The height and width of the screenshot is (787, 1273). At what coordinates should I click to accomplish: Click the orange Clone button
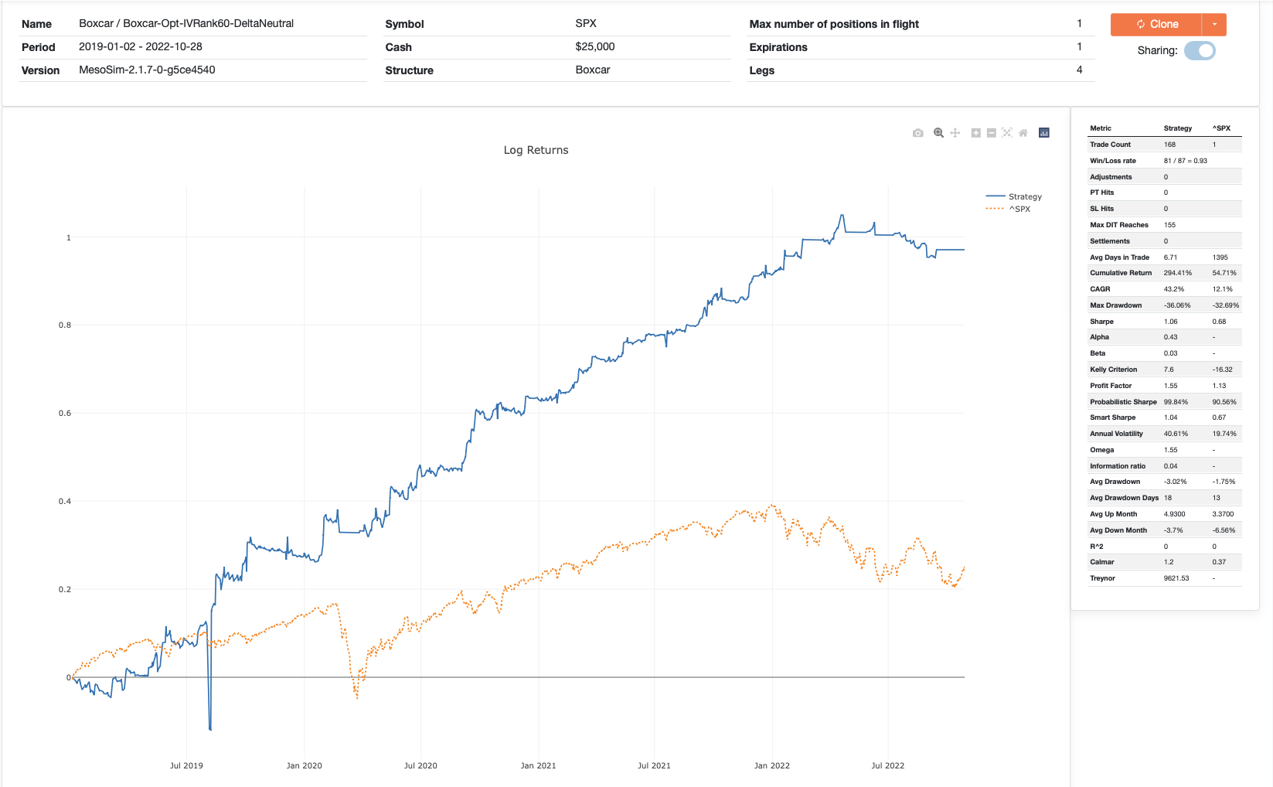coord(1156,24)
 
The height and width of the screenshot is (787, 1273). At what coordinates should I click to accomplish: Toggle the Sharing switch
coord(1200,51)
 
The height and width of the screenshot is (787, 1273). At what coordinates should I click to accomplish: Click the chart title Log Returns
coord(536,150)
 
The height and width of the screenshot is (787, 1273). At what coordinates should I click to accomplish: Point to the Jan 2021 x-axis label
coord(538,765)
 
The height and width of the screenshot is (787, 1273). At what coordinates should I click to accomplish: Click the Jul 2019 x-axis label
coord(186,765)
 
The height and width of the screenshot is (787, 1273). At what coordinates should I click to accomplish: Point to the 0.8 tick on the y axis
coord(65,325)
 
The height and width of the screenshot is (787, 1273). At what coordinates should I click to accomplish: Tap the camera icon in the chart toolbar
coord(917,133)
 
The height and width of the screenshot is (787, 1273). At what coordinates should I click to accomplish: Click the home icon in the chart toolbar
coord(1023,133)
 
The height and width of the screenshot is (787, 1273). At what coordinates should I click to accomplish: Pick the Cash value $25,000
coord(595,46)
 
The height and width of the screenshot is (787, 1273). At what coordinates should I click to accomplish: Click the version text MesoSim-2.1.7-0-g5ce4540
coord(147,70)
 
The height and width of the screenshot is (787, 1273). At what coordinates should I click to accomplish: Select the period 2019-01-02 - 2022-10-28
coord(141,46)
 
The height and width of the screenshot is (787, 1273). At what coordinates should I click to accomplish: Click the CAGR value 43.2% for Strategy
coord(1173,289)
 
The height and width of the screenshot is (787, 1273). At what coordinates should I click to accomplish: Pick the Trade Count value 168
coord(1169,145)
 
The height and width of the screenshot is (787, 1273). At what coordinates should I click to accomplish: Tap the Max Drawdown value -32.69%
coord(1225,305)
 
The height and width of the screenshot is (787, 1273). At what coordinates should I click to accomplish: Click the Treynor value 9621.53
coord(1176,578)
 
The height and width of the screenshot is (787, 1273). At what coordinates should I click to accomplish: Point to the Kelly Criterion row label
coord(1113,370)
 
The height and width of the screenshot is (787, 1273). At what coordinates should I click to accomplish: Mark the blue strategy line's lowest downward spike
coord(210,728)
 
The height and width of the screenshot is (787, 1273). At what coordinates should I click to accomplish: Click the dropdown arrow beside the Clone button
coord(1214,24)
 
